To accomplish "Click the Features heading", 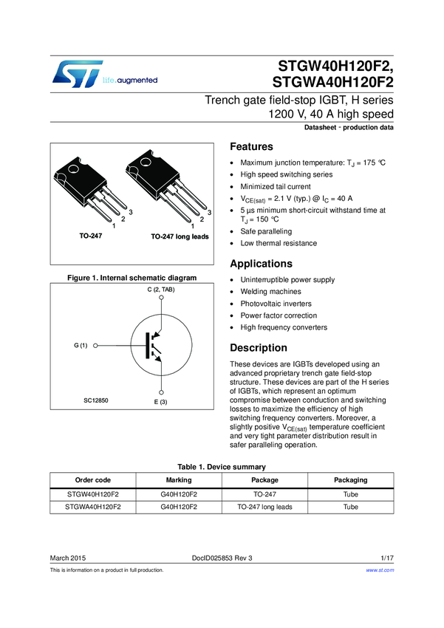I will click(x=252, y=146).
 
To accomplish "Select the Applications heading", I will click(x=261, y=264).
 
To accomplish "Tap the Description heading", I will click(x=259, y=348).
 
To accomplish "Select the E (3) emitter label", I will click(x=161, y=401).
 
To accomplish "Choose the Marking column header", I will click(x=179, y=480).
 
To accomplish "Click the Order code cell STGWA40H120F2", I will click(x=93, y=508).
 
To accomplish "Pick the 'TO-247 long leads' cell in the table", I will click(x=265, y=508).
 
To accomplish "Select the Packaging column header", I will click(x=350, y=480).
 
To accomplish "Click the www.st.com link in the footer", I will click(x=380, y=570).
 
